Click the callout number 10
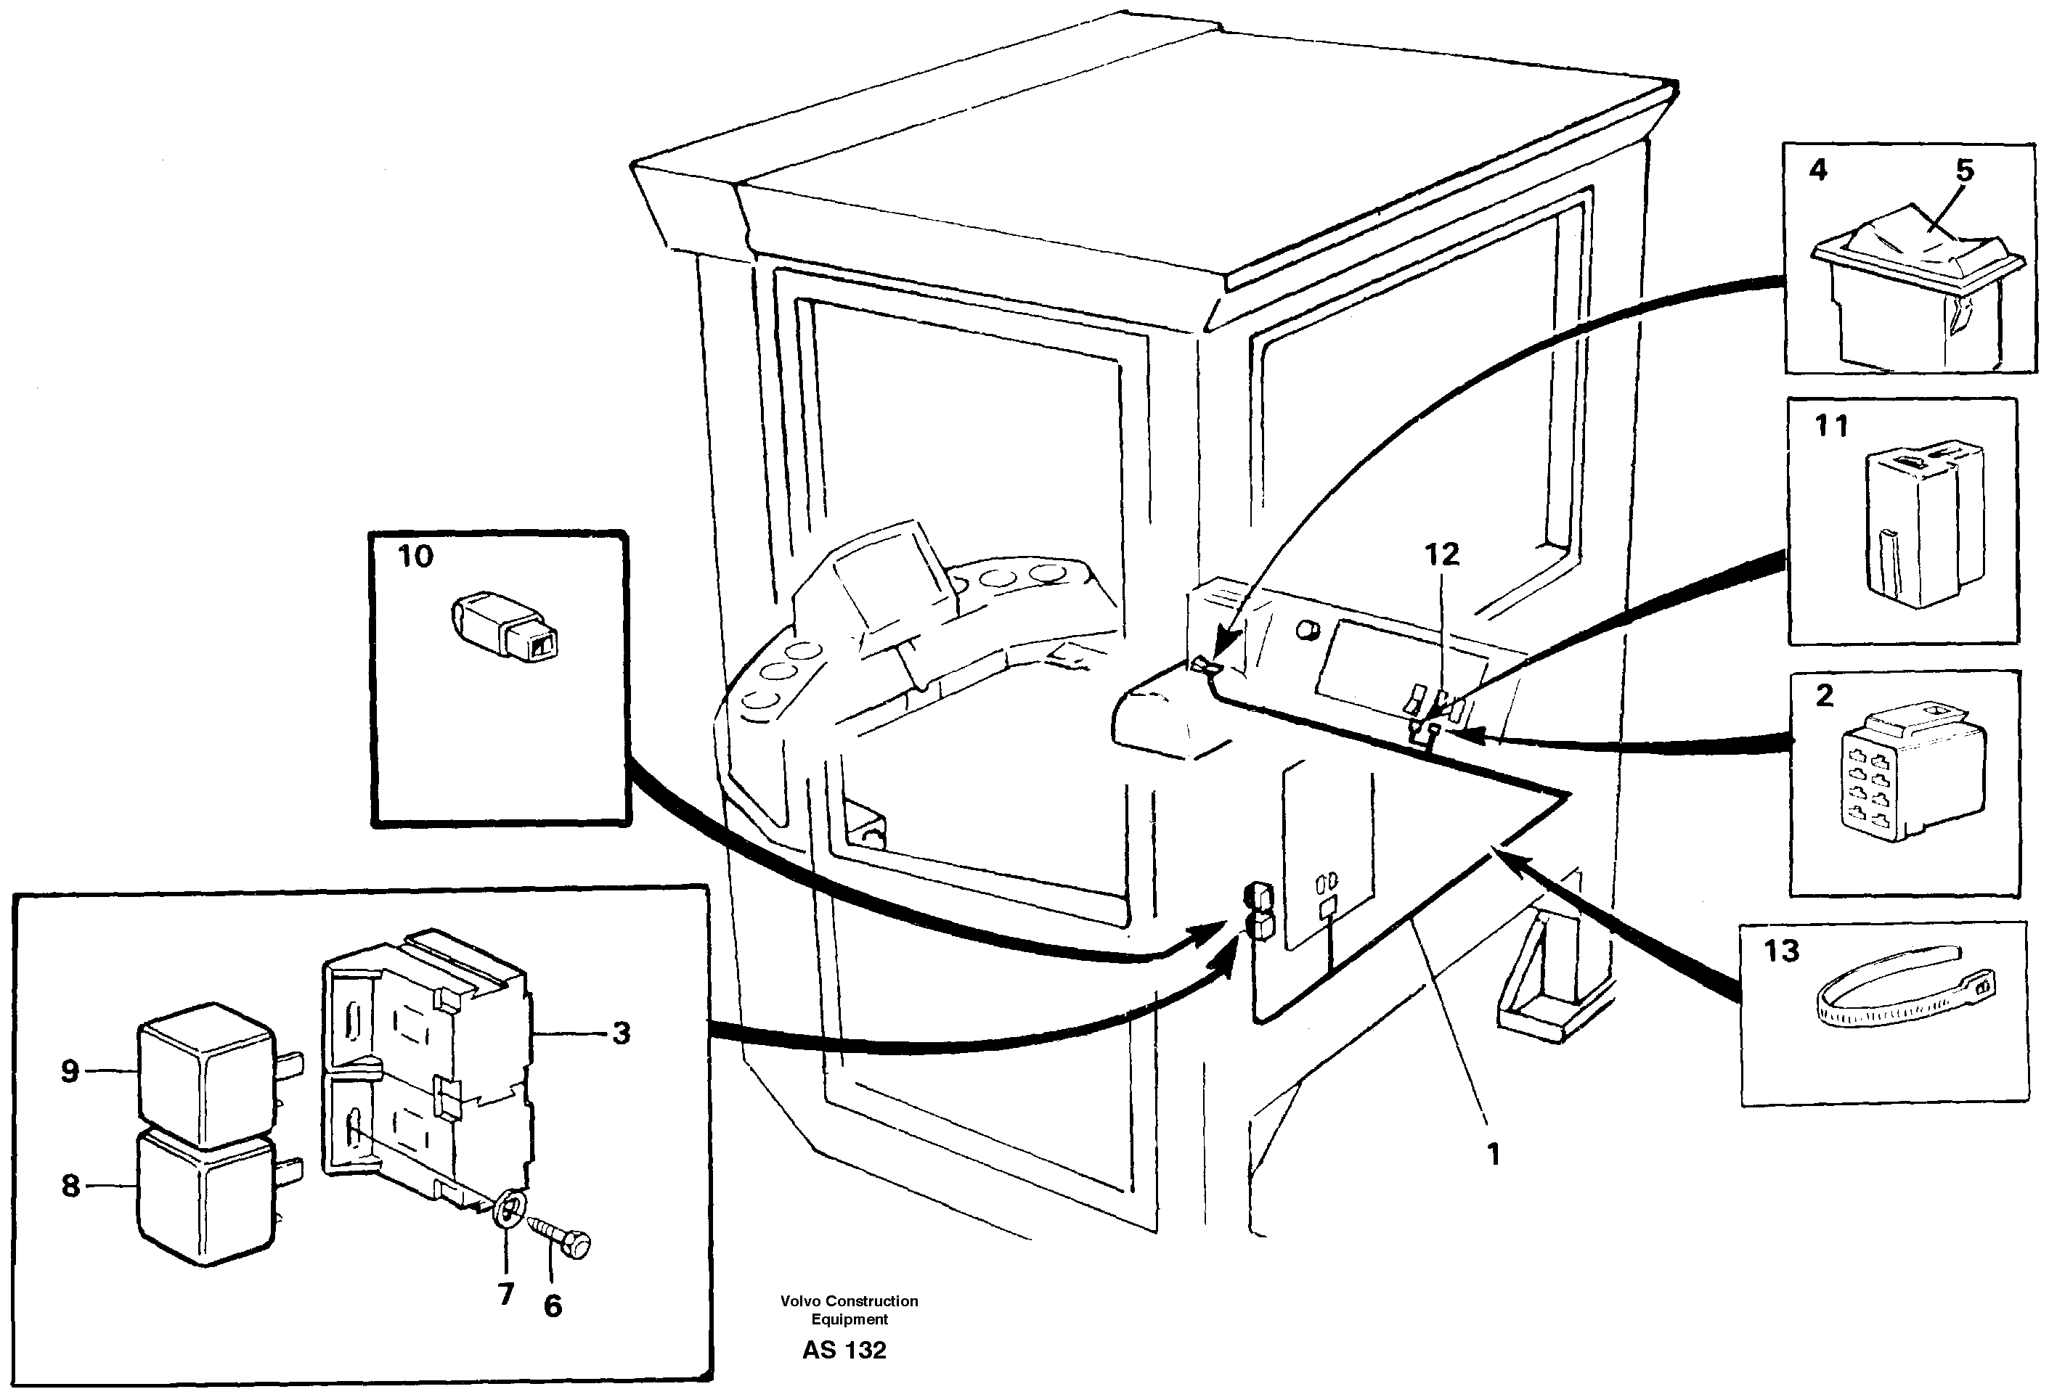point(415,557)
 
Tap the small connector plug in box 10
point(505,627)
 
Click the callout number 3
point(622,1033)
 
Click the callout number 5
point(1964,170)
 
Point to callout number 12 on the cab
point(1441,554)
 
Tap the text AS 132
point(844,1350)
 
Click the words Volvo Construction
point(849,1301)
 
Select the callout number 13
point(1781,951)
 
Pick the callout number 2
point(1824,695)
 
